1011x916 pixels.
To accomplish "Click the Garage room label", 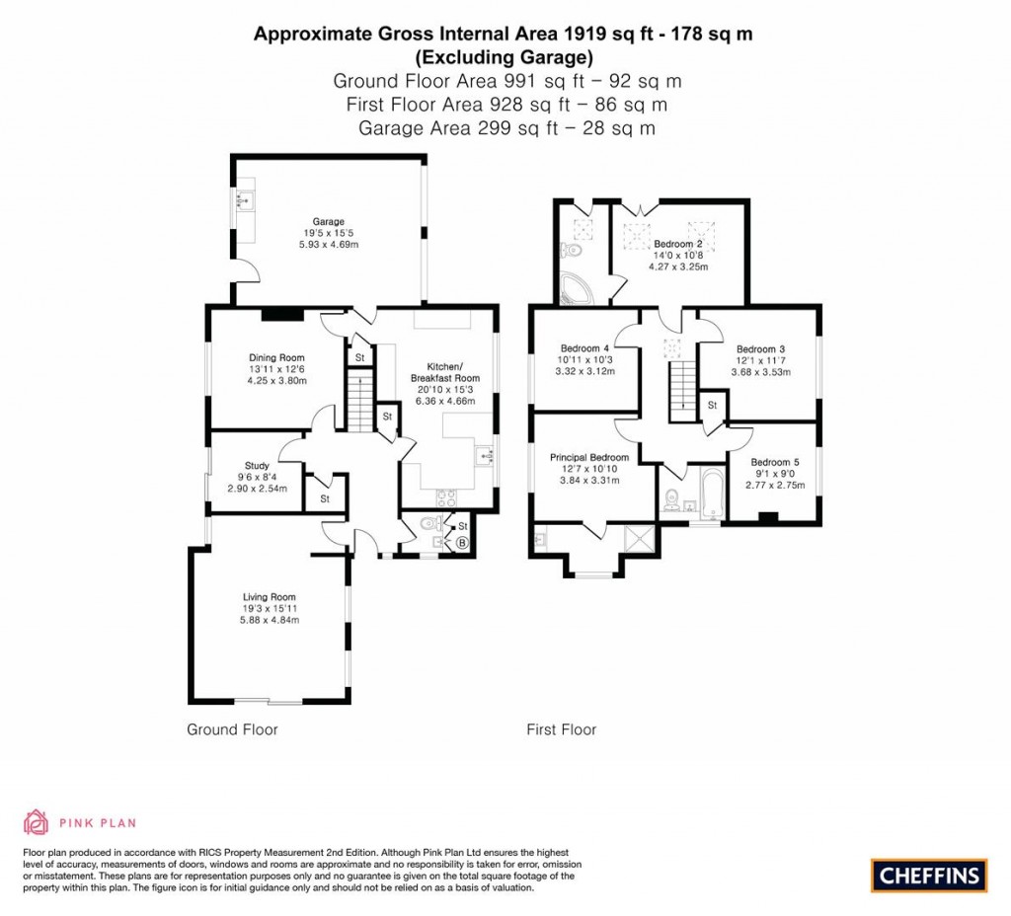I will click(329, 222).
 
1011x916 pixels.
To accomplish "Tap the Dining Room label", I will click(276, 358).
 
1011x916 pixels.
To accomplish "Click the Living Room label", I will click(270, 596).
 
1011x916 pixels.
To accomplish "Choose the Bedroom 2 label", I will click(677, 244).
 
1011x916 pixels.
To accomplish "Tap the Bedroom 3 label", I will click(760, 349).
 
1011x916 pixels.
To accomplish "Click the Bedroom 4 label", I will click(584, 348).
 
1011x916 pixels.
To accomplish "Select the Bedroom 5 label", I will click(775, 462).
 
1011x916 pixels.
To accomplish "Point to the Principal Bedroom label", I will click(589, 457).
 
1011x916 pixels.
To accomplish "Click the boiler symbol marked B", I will click(461, 542).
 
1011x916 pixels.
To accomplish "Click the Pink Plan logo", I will click(80, 821).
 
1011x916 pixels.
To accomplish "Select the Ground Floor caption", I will click(232, 730).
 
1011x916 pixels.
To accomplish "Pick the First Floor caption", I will click(561, 730).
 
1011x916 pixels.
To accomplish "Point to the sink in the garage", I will click(244, 201).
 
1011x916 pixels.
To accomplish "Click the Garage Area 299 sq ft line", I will click(505, 127).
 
